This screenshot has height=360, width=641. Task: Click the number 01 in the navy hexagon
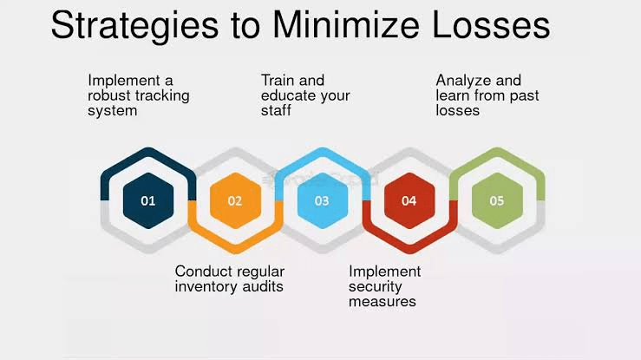[x=148, y=200]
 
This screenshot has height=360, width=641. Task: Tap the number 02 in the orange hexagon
[x=235, y=200]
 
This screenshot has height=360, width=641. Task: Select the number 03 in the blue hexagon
[x=322, y=200]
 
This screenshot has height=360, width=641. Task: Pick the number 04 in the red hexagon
[x=409, y=200]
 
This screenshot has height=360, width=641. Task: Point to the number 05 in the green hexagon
[x=496, y=200]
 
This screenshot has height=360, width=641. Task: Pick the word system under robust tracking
[x=113, y=111]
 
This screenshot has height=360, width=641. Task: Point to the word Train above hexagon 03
[x=278, y=81]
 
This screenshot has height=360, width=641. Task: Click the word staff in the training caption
[x=277, y=111]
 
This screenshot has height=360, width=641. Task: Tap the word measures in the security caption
[x=383, y=302]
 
